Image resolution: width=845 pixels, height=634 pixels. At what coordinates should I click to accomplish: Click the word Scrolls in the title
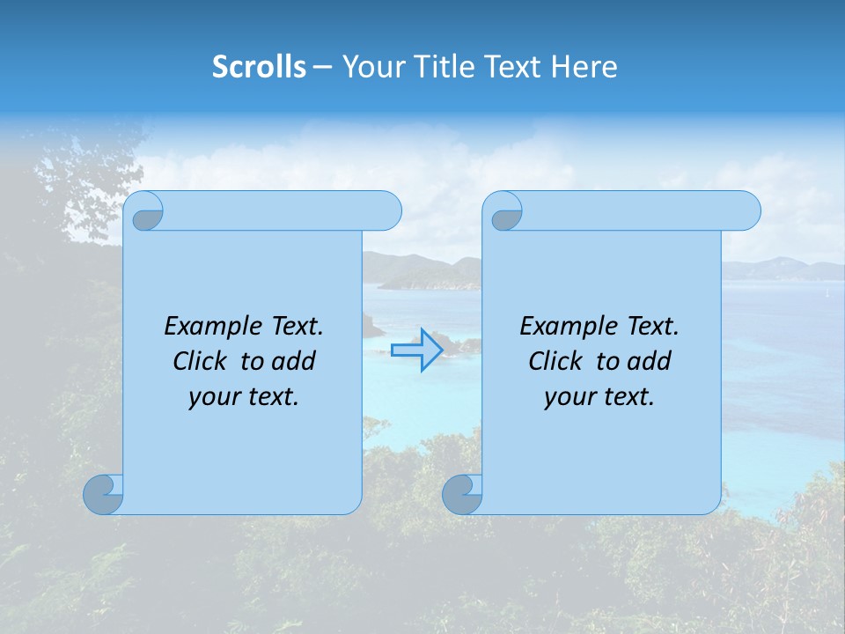[260, 67]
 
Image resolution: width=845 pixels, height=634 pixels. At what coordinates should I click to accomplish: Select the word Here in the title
[584, 67]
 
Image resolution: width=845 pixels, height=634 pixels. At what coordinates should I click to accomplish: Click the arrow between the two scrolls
[416, 350]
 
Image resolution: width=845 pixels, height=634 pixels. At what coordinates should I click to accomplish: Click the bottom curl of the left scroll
[102, 494]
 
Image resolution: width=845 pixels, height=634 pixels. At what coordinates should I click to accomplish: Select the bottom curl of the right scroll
[461, 494]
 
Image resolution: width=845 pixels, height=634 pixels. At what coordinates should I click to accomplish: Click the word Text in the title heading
[511, 67]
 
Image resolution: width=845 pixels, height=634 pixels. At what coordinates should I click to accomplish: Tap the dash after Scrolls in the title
[322, 67]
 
